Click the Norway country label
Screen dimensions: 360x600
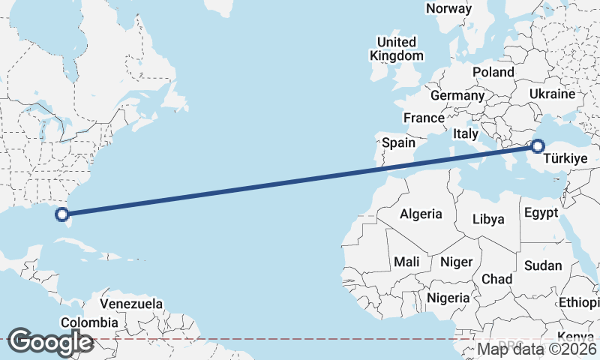point(448,9)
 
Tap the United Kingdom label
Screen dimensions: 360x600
point(397,49)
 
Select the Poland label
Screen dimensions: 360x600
point(493,73)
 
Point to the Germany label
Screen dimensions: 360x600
point(457,96)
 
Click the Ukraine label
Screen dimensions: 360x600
point(551,94)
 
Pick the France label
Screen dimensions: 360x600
point(424,118)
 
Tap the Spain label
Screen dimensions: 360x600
point(398,142)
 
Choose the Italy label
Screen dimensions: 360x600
point(465,133)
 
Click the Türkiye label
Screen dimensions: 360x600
point(565,159)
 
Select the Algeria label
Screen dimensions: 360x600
point(421,214)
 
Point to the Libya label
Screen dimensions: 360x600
point(488,220)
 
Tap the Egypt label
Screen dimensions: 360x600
point(541,213)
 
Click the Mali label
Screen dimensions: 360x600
point(406,262)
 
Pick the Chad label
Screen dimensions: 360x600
point(496,279)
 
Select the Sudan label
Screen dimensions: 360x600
point(543,265)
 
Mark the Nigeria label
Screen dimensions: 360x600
point(448,298)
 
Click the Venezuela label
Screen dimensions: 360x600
point(131,304)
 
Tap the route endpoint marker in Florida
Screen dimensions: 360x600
point(63,214)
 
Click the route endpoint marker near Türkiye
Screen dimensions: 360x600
point(538,145)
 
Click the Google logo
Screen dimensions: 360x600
point(50,342)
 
